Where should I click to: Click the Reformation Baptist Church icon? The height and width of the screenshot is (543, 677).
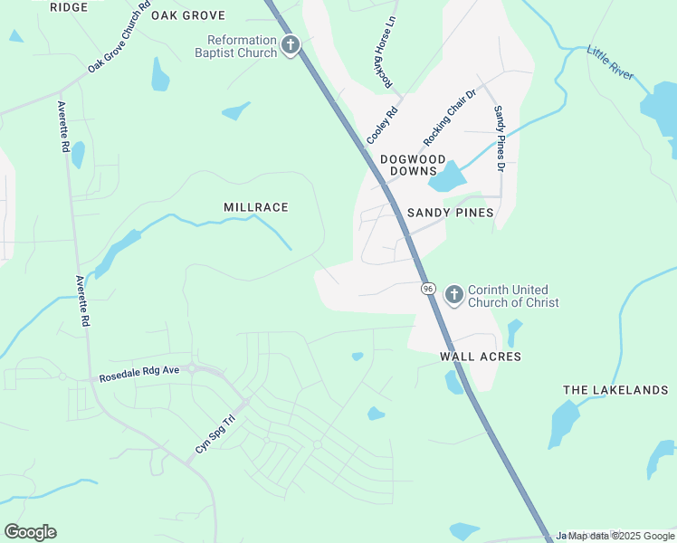click(x=291, y=45)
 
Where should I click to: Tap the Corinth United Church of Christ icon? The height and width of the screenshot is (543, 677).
click(x=453, y=295)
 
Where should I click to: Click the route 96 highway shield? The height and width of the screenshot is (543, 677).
click(x=428, y=288)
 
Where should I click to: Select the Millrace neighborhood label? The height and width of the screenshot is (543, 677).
click(x=256, y=207)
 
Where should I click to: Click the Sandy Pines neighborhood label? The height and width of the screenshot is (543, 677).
click(x=450, y=213)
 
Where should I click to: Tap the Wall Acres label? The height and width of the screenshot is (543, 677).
click(x=481, y=357)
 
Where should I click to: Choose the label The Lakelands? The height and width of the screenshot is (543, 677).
click(x=615, y=390)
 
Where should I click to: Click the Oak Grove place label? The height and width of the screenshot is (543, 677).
click(x=187, y=15)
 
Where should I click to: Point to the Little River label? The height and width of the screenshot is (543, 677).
click(x=611, y=62)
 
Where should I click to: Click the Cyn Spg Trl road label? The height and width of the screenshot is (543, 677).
click(x=215, y=434)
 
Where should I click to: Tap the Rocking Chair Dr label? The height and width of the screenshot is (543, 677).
click(x=450, y=118)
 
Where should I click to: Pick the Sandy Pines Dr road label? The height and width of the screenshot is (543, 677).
click(x=498, y=138)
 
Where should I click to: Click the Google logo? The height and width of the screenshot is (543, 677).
click(x=30, y=531)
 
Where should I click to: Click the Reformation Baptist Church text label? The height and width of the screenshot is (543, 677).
click(x=243, y=46)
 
